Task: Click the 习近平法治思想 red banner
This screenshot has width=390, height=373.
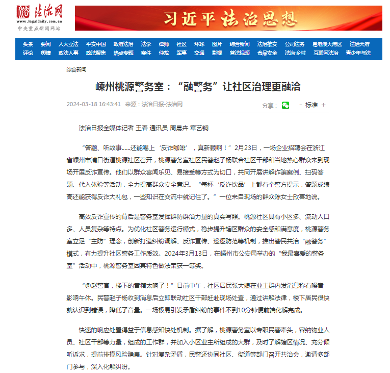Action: coord(228,18)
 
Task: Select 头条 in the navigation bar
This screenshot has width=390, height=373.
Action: coord(28,44)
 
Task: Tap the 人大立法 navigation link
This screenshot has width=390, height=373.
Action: coord(68,44)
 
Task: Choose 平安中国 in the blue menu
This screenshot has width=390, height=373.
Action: coord(96,44)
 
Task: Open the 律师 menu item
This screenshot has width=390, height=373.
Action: coord(164,44)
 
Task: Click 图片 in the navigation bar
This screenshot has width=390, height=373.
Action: coord(217,44)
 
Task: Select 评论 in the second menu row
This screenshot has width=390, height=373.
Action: coord(28,53)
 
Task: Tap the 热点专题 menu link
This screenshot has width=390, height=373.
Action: coord(123,53)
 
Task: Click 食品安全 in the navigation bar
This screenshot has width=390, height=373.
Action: coord(267,53)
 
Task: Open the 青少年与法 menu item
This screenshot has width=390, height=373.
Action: coord(358,53)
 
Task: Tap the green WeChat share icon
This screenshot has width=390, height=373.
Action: coord(285,105)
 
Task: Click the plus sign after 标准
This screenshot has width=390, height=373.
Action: coord(323,105)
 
